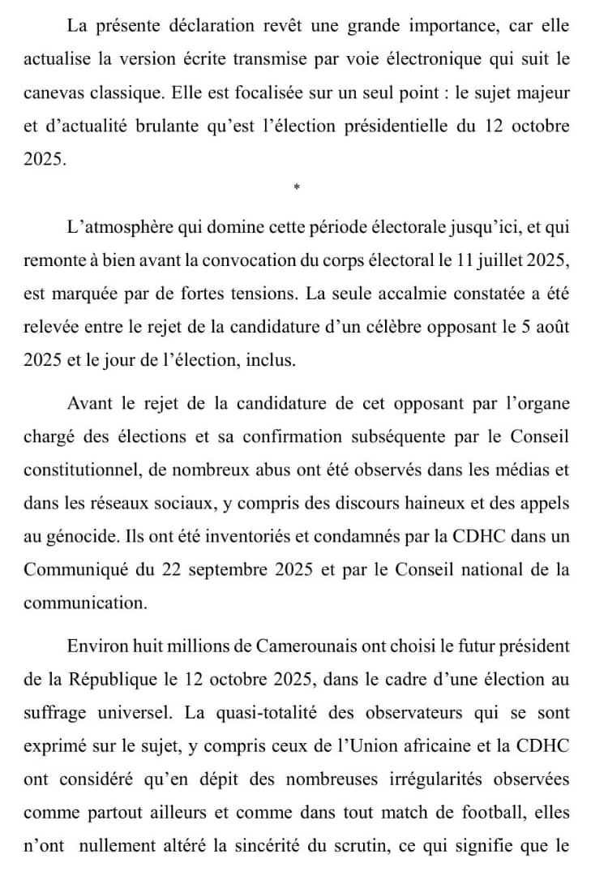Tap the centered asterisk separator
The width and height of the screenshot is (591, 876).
[297, 188]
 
